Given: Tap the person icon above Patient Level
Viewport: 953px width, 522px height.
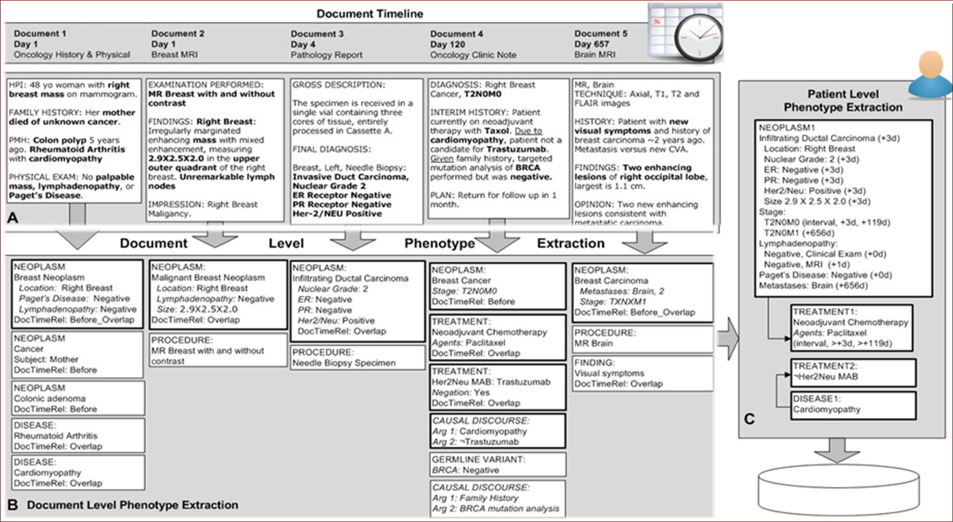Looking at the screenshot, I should click(x=930, y=75).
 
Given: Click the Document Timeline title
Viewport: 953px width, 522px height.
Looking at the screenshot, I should click(x=370, y=14).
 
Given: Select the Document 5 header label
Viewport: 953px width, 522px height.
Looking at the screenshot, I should click(x=600, y=34).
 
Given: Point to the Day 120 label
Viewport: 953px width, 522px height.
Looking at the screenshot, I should click(x=448, y=44).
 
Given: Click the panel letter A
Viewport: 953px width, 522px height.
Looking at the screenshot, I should click(x=12, y=218).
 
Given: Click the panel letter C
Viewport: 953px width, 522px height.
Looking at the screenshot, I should click(x=749, y=419).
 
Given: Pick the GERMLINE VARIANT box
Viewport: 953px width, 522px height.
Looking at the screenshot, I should click(x=498, y=465).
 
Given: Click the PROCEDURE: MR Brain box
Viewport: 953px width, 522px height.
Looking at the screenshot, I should click(x=642, y=339).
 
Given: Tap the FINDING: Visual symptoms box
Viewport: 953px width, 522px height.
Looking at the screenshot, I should click(x=642, y=373).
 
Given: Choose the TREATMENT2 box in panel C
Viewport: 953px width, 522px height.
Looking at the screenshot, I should click(x=853, y=372).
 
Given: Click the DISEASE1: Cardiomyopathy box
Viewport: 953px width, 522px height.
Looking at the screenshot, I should click(x=853, y=405).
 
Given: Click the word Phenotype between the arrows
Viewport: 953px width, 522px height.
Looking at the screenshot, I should click(x=439, y=243).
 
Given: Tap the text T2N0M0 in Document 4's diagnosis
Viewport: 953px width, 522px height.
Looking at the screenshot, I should click(x=483, y=94).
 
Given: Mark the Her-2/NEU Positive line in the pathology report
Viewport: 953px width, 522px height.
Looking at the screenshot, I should click(x=337, y=213).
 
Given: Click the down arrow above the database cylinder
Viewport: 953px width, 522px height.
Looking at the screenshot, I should click(x=837, y=450).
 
